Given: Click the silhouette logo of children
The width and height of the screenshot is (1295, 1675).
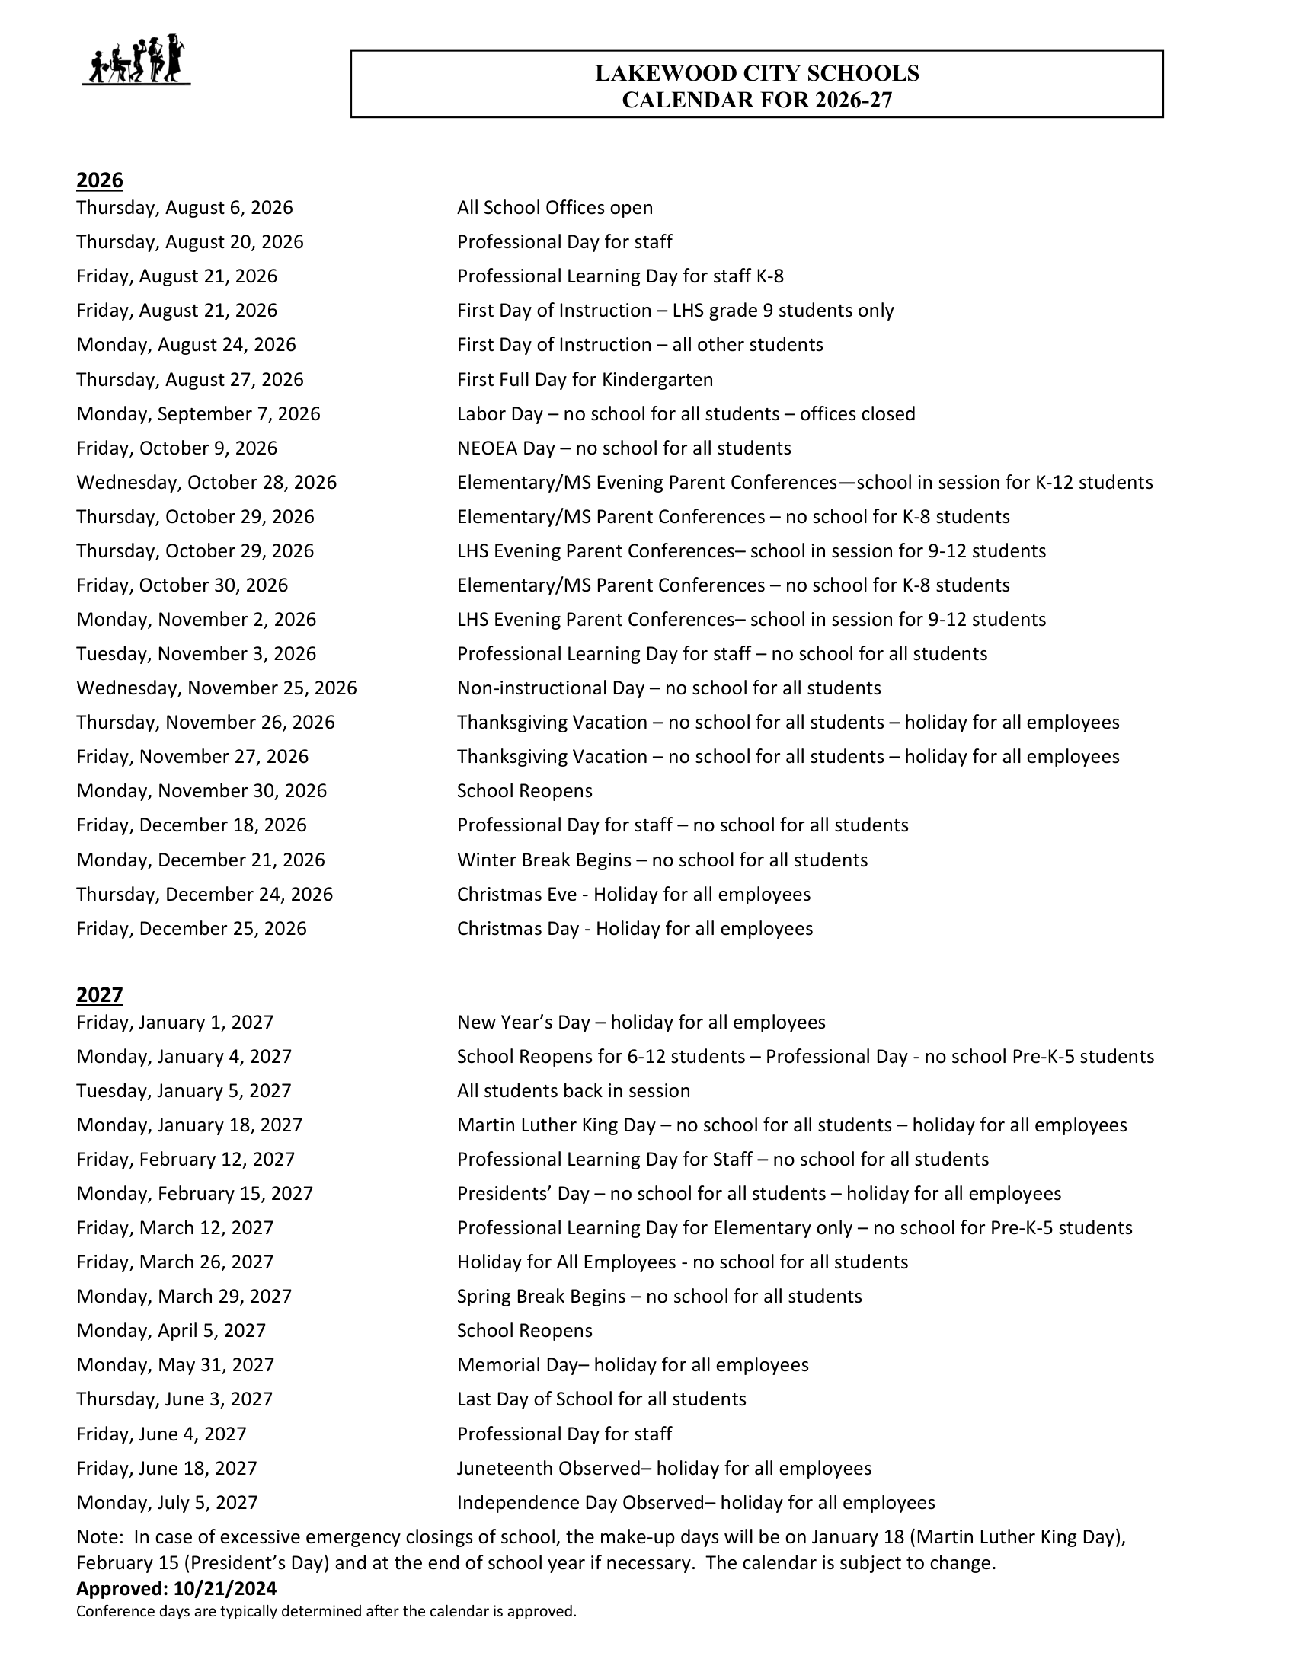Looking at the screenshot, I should coord(136,59).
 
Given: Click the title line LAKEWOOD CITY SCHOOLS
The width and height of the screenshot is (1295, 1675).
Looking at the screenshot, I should coord(756,74).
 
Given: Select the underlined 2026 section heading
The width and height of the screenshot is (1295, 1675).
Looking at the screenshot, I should coord(100,180).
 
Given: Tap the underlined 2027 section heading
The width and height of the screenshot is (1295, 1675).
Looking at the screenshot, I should coord(100,995).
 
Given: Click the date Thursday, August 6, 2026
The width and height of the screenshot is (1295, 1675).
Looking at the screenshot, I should coord(184,208).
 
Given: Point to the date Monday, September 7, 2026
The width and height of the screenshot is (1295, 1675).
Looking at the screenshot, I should coord(198,414).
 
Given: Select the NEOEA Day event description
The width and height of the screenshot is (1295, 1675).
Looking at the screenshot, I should coord(624,448).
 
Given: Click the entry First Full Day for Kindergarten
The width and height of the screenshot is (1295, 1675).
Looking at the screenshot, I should coord(584,380).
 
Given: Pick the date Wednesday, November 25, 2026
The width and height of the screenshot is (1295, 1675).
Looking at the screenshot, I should coord(216,688).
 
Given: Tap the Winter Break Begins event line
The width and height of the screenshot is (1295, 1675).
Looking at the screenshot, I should coord(662,860).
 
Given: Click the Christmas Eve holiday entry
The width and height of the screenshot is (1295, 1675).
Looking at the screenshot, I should coord(634,895).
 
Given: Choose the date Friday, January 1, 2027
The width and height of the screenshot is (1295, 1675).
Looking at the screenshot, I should coord(175,1023).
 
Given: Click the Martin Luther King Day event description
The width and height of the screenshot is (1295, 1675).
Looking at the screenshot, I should coord(791,1125).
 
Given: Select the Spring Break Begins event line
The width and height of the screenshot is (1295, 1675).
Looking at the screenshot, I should coord(659,1296).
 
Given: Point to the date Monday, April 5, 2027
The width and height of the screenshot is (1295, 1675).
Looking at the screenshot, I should coord(171,1331).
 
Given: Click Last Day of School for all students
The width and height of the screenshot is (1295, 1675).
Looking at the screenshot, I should coord(602,1399).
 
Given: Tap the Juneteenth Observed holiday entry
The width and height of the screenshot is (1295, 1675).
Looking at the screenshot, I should coord(663,1468).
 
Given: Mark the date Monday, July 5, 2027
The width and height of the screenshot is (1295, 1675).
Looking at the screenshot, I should coord(168,1502).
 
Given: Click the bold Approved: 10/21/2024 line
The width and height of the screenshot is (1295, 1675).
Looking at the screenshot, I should coord(177,1588).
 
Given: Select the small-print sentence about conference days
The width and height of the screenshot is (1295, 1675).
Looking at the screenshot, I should coord(326,1611).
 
